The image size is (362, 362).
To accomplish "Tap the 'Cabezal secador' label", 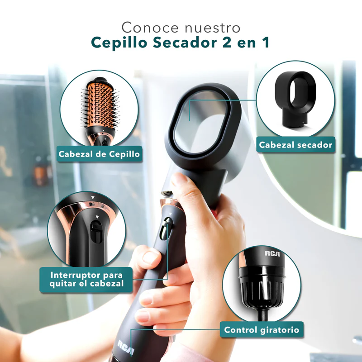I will click(x=295, y=145).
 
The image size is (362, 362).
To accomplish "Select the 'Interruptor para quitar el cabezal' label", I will click(x=86, y=280).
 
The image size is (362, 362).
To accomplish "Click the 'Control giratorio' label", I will click(x=262, y=330).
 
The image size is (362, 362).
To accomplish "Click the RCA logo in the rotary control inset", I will click(x=272, y=253).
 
